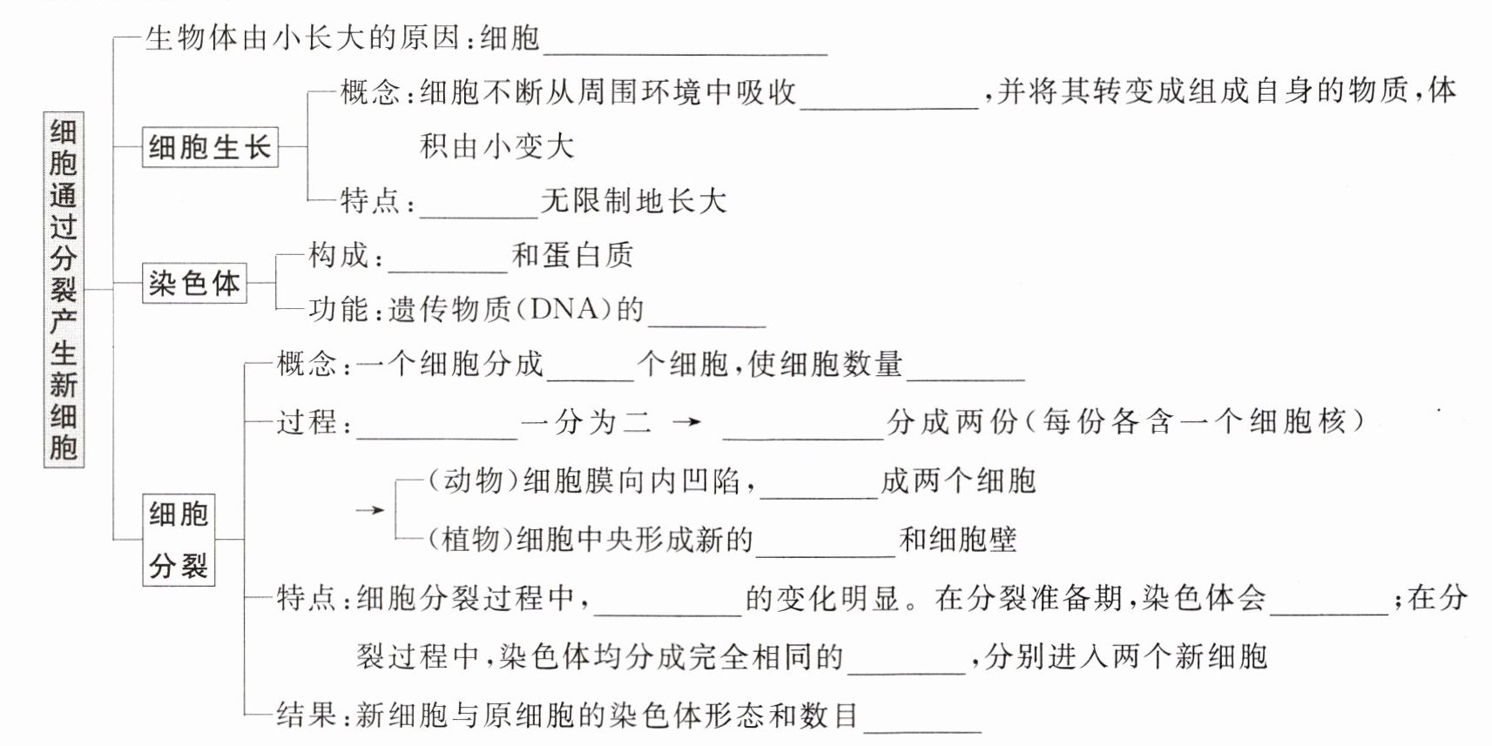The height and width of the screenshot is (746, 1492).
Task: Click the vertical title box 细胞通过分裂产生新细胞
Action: [64, 290]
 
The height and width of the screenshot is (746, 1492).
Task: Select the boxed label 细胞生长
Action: [211, 146]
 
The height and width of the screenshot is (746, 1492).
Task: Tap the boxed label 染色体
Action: [194, 284]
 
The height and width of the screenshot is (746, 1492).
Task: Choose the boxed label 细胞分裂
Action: [179, 540]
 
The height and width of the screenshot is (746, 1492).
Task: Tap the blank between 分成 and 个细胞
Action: [591, 380]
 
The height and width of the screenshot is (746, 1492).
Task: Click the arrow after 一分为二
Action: [686, 421]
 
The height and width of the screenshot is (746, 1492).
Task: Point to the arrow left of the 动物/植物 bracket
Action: [370, 510]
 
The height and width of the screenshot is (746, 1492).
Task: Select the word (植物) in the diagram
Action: [469, 539]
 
